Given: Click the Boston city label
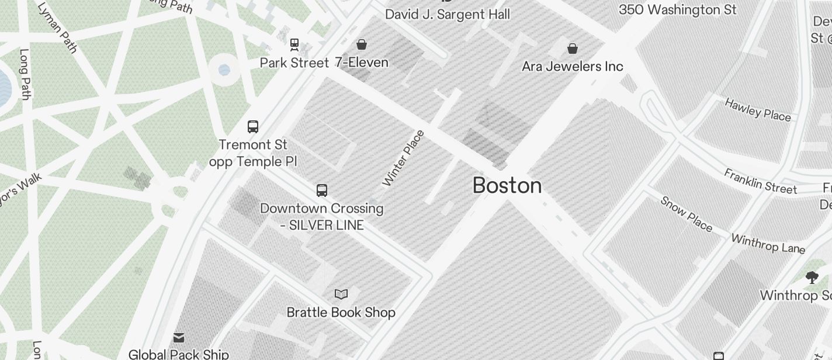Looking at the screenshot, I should (x=507, y=186).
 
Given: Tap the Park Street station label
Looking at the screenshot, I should (x=294, y=63).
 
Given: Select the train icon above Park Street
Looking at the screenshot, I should (x=294, y=44).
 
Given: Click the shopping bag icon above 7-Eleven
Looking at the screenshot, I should (x=362, y=44).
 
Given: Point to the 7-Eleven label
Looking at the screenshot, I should (x=362, y=63).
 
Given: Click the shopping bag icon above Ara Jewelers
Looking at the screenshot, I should (x=573, y=49).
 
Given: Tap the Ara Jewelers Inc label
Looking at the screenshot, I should (x=573, y=67).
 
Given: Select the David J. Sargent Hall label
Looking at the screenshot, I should (x=448, y=15).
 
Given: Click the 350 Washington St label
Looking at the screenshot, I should (x=678, y=10).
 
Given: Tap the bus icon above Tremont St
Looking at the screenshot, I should (x=253, y=126).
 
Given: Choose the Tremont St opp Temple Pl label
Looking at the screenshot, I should (x=253, y=153).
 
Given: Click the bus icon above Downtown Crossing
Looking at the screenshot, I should (x=322, y=190).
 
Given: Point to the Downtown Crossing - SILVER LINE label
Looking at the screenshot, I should (x=322, y=217).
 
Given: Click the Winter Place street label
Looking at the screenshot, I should (x=403, y=158).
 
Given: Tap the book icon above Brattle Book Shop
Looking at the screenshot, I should (x=341, y=294).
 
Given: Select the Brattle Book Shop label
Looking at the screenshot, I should (x=341, y=313).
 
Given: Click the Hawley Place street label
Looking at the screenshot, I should (x=758, y=110).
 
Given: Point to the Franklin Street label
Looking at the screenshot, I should (x=760, y=181).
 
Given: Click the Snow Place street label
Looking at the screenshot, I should (x=687, y=213).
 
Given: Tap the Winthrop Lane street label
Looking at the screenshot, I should (x=768, y=244).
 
